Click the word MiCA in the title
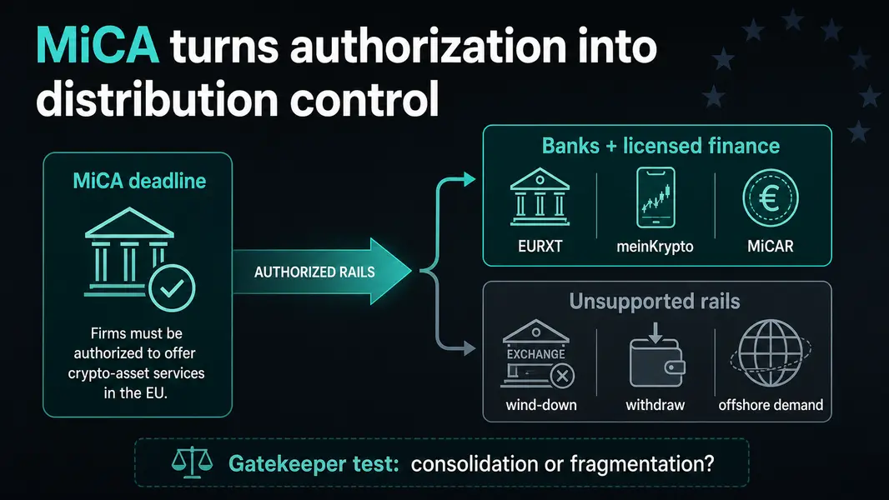[98, 45]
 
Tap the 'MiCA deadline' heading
[139, 181]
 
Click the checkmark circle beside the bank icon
[172, 288]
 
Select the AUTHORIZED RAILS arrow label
[314, 272]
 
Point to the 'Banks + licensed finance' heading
[660, 146]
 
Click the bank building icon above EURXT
[540, 197]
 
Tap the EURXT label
[540, 247]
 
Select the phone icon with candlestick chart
[656, 197]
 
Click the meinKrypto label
[655, 247]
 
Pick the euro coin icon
[771, 199]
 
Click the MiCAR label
[771, 247]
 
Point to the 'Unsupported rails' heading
[655, 301]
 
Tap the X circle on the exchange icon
[562, 376]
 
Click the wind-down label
[541, 406]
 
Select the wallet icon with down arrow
[656, 355]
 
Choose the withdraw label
[655, 406]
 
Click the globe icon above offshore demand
[771, 353]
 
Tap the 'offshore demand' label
[771, 406]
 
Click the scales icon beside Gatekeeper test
[192, 462]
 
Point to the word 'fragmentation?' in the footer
[642, 464]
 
